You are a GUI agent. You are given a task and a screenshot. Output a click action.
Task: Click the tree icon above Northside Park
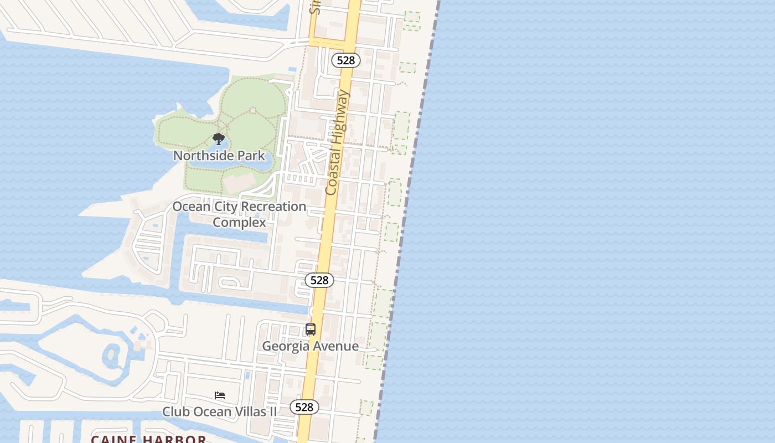[219, 138]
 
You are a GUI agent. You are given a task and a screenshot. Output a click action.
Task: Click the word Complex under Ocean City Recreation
[239, 223]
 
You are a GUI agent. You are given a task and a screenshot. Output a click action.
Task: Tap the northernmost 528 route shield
[346, 60]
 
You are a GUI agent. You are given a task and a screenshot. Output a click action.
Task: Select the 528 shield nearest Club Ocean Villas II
[304, 407]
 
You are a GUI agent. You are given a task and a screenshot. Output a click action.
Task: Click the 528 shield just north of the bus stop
[319, 280]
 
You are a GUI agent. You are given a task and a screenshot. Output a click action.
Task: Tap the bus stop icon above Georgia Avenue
[311, 329]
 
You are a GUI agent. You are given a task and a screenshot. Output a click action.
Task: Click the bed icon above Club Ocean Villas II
[220, 395]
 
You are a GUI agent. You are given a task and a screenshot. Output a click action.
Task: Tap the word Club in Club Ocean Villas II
[174, 412]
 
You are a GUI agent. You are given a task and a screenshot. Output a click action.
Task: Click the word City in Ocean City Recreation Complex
[226, 207]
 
